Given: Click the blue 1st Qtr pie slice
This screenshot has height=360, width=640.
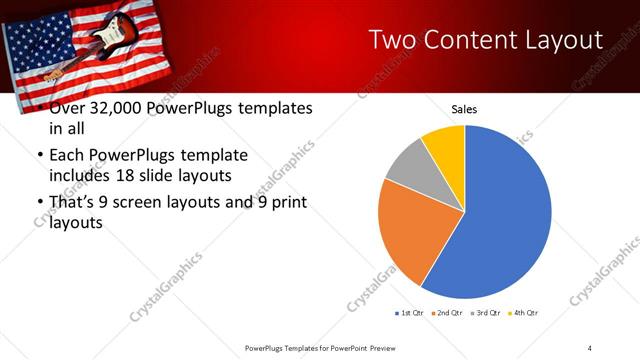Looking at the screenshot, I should click(500, 220).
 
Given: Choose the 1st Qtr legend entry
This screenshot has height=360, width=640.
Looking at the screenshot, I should click(409, 313).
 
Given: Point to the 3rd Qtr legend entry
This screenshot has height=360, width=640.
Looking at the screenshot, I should click(484, 313).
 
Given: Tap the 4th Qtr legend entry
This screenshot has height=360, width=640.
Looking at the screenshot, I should click(523, 313).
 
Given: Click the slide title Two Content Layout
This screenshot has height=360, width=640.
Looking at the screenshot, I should click(485, 39).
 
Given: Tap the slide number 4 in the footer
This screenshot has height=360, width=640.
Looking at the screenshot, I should click(589, 347).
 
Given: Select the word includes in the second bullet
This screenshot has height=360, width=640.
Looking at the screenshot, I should click(83, 176).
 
